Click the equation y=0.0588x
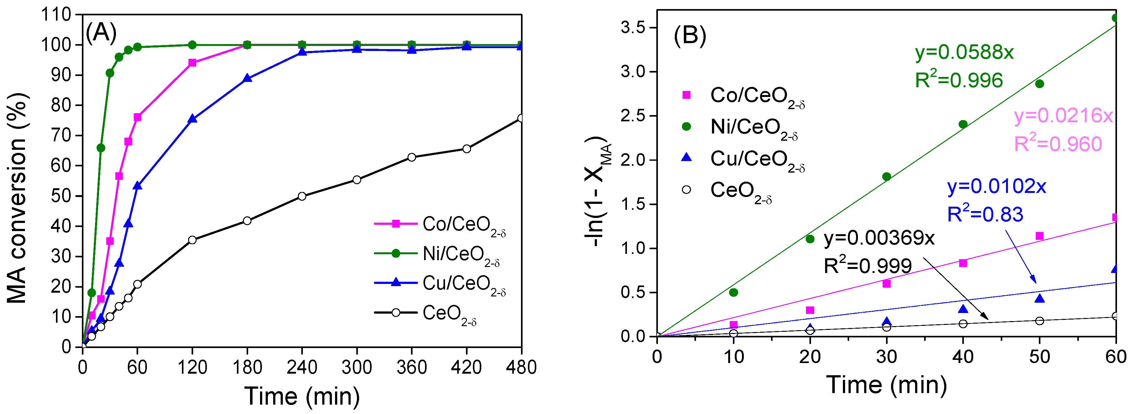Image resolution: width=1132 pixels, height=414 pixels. (964, 52)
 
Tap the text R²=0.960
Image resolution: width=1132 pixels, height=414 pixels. (1058, 144)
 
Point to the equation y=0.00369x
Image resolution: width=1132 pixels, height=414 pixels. (879, 238)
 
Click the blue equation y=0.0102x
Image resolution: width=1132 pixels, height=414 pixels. (996, 186)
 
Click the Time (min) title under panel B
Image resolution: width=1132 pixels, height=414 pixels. (886, 385)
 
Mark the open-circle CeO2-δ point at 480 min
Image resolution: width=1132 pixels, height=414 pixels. (521, 118)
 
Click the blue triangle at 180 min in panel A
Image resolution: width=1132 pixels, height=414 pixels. (247, 78)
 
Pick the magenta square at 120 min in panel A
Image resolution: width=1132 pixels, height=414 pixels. (192, 63)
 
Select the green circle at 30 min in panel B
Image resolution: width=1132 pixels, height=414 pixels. (886, 177)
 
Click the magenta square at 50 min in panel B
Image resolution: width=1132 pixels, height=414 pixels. (1039, 236)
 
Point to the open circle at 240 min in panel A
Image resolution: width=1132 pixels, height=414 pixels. (302, 196)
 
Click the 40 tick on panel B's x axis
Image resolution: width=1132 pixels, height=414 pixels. (963, 357)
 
